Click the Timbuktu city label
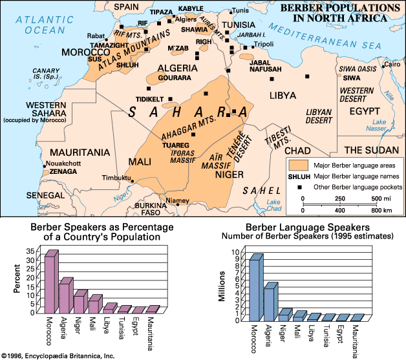point(117,178)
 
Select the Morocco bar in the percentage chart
point(50,284)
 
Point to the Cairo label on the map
point(392,64)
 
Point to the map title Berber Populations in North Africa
point(336,13)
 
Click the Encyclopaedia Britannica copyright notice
point(58,355)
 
